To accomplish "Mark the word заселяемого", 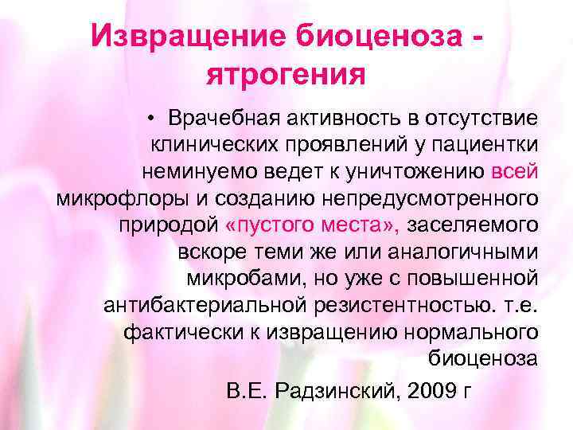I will tap(474, 224).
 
